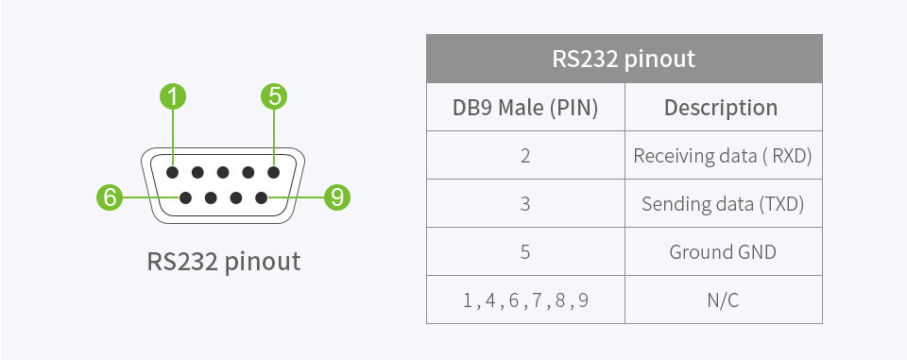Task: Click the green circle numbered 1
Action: coord(173,95)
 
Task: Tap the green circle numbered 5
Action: coord(273,95)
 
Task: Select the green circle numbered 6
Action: coord(111,197)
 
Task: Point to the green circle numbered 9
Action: coord(336,197)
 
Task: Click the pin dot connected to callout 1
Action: coord(173,173)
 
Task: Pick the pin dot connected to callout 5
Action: coord(273,173)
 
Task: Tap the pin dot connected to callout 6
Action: coord(186,197)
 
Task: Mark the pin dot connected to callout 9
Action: coord(261,197)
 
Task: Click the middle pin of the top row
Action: coord(223,173)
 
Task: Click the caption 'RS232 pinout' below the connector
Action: coord(224,260)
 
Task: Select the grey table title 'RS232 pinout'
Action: coord(624,59)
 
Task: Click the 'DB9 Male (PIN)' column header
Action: coord(525,107)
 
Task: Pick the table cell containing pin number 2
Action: coord(525,155)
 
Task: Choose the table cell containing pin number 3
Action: coord(525,203)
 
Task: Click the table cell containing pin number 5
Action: coord(525,251)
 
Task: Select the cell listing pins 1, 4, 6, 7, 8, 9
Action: coord(525,300)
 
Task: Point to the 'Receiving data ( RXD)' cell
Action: coord(723,155)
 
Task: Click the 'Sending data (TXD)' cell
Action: coord(723,203)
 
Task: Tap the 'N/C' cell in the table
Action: coord(723,300)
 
